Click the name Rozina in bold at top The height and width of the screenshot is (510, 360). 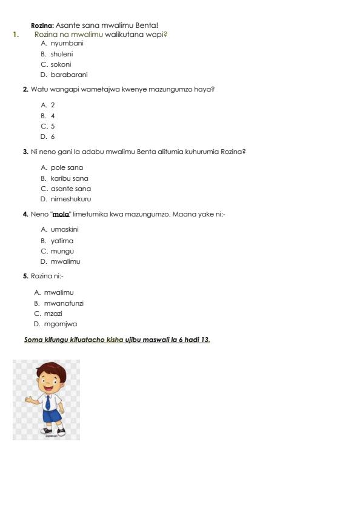click(42, 25)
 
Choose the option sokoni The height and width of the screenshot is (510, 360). click(61, 64)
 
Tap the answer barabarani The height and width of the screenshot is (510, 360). click(69, 75)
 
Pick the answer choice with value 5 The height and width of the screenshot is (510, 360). click(53, 126)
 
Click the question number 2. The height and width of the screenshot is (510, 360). click(25, 89)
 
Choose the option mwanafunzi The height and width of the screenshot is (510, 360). click(64, 303)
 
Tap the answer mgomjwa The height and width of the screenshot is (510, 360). click(60, 324)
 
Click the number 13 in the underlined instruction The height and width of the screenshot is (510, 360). click(205, 340)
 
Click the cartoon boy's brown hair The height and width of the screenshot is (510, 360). click(51, 367)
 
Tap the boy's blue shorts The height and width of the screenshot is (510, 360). click(52, 416)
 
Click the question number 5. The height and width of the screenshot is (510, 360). click(25, 276)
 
